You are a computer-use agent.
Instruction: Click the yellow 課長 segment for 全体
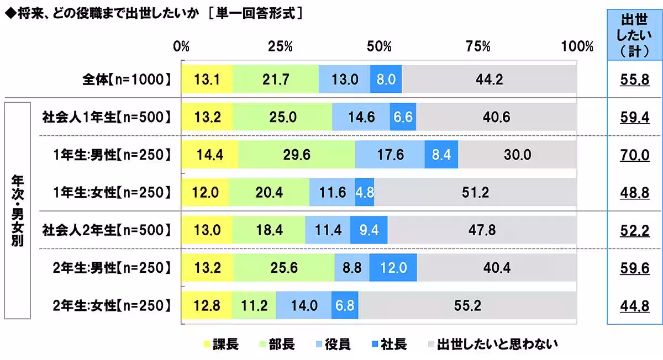207,80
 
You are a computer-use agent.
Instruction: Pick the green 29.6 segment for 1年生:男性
297,155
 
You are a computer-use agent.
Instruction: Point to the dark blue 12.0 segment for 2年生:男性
393,268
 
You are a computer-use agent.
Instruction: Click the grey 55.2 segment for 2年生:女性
467,305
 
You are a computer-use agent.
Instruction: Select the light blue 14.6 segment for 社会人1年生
361,118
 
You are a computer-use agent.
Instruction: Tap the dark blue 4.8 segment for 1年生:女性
365,193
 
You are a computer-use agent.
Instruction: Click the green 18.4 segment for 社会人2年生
269,230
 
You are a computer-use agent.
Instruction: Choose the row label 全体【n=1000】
124,80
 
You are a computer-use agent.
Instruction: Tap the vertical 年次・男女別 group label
17,211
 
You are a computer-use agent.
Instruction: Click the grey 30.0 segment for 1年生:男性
517,155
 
